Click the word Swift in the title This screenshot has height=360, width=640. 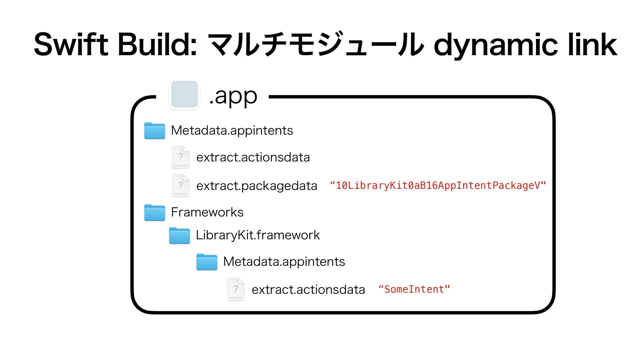[71, 44]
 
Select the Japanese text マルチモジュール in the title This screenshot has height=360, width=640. [315, 44]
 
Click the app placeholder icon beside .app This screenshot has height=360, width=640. [184, 95]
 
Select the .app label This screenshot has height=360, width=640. [233, 97]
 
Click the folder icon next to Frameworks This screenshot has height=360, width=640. [154, 212]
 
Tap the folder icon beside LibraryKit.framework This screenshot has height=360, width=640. [179, 235]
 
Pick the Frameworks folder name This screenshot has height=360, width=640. [207, 212]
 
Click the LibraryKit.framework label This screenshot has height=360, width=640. [258, 235]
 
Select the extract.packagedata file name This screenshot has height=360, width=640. [257, 186]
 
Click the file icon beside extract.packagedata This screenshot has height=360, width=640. [180, 185]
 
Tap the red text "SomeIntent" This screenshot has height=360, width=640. [414, 289]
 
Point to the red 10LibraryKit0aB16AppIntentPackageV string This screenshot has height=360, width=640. [438, 185]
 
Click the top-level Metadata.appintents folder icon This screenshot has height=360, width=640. [154, 130]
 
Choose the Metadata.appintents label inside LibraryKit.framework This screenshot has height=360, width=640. [284, 262]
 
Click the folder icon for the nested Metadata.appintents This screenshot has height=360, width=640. [207, 262]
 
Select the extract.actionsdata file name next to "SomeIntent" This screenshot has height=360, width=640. [308, 290]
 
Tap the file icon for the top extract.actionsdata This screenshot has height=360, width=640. [180, 157]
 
